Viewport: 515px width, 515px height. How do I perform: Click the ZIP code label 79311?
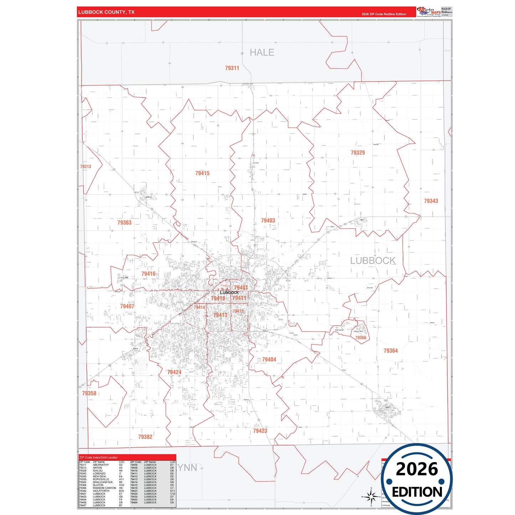(232, 68)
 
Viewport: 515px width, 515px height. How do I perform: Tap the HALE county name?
(262, 52)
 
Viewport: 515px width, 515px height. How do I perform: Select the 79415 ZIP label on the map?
(202, 173)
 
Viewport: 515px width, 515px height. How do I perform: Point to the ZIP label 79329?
(357, 153)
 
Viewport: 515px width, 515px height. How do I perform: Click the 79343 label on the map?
(431, 201)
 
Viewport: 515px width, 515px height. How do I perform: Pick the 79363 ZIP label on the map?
(124, 222)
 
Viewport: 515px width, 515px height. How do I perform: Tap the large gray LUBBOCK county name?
(373, 261)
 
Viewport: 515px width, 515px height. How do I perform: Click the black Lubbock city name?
(229, 292)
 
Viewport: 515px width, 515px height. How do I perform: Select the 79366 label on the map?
(361, 338)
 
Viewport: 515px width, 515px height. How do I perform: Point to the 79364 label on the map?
(391, 351)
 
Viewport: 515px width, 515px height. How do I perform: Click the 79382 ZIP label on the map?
(145, 437)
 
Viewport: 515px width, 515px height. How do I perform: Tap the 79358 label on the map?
(89, 393)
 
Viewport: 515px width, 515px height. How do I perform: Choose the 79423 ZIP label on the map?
(260, 431)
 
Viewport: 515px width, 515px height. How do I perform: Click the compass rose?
(371, 496)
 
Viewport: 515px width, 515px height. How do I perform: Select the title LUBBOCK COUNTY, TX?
(107, 12)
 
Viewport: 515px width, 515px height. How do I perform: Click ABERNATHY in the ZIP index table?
(101, 465)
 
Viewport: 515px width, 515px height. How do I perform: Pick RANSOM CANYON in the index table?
(104, 488)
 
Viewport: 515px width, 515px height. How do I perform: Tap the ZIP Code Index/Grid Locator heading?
(98, 457)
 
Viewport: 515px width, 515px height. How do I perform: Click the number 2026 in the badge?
(417, 469)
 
